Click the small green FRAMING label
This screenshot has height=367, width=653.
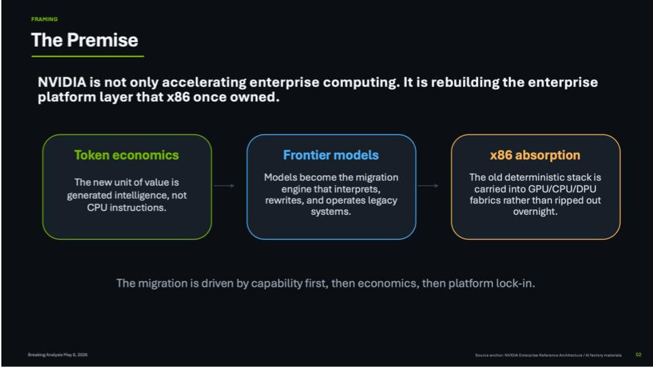(x=44, y=19)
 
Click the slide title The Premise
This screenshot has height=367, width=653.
(x=84, y=40)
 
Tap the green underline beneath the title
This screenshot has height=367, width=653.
(x=88, y=56)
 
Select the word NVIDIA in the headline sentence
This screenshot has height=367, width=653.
(x=62, y=82)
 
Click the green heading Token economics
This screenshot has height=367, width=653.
(x=127, y=155)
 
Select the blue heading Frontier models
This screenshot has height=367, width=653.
(x=331, y=155)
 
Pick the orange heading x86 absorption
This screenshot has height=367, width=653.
(x=535, y=155)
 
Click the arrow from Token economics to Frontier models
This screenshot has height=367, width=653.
(x=224, y=186)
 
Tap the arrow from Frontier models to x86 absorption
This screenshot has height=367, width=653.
(x=428, y=186)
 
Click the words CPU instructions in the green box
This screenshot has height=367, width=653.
(x=127, y=207)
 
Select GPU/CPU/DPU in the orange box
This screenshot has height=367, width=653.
(x=563, y=189)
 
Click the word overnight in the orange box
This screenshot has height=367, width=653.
(x=535, y=211)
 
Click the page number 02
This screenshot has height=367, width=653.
(x=639, y=355)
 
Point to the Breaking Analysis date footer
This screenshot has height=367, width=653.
(x=57, y=355)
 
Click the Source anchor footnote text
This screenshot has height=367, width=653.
(x=548, y=355)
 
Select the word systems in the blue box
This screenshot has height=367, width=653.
(x=331, y=211)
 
